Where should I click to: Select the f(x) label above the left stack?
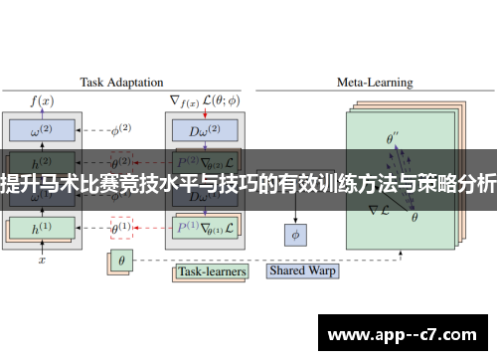42,100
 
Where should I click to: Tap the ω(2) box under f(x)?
42,130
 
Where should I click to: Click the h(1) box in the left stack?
42,228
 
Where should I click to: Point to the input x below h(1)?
42,260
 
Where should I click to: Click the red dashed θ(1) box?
121,228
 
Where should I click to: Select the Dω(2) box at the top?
203,130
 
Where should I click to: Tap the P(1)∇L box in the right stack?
203,228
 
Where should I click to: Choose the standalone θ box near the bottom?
121,263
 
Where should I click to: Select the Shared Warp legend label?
302,270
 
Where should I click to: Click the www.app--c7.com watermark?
409,334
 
